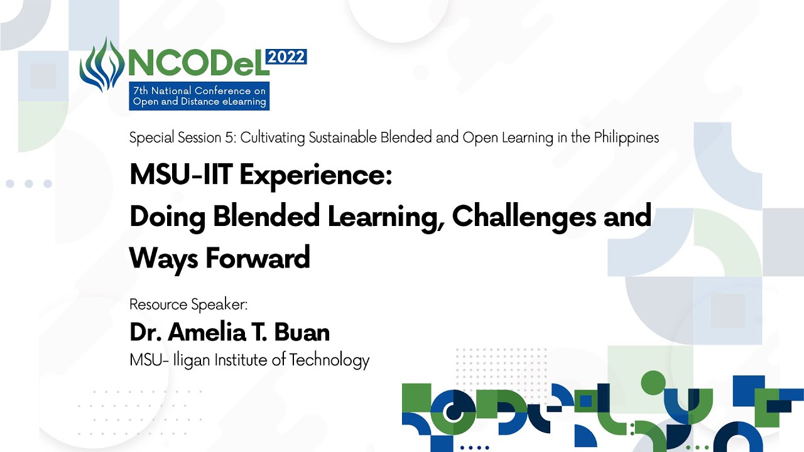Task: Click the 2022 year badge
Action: (286, 57)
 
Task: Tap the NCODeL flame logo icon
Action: (102, 65)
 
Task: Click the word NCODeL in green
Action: (199, 63)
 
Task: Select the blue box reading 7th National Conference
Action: (199, 96)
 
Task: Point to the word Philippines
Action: (626, 137)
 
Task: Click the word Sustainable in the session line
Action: (342, 137)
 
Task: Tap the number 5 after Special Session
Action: (229, 137)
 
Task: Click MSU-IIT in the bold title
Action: (182, 175)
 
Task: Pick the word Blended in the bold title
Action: (266, 217)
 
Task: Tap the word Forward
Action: (258, 258)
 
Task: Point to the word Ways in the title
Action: (163, 259)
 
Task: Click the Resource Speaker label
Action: (188, 304)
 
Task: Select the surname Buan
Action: (302, 332)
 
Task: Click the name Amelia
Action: (207, 332)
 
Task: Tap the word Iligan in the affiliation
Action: (192, 360)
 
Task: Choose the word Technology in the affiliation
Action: (329, 360)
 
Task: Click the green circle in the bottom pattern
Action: (653, 383)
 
